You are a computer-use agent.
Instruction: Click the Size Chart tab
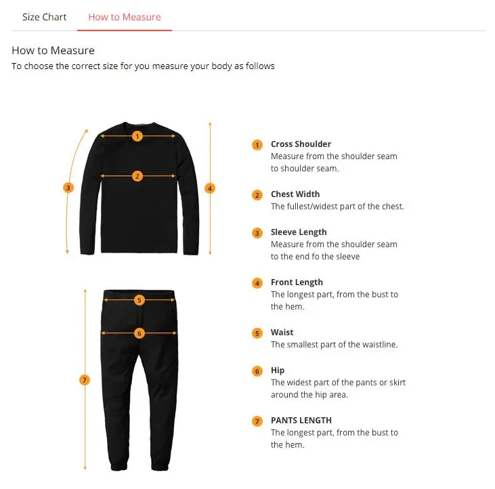pyautogui.click(x=44, y=17)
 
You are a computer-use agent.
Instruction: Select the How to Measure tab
pyautogui.click(x=125, y=17)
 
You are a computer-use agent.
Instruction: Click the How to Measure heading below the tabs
pyautogui.click(x=53, y=51)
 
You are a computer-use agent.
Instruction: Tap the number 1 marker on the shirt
pyautogui.click(x=137, y=136)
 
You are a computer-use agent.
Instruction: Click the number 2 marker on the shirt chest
pyautogui.click(x=137, y=176)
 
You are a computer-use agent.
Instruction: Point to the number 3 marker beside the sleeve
pyautogui.click(x=68, y=188)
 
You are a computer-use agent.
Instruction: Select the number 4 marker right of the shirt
pyautogui.click(x=210, y=188)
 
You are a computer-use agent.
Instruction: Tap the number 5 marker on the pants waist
pyautogui.click(x=139, y=300)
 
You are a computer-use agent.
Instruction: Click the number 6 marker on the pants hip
pyautogui.click(x=139, y=333)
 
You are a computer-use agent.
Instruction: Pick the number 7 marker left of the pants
pyautogui.click(x=85, y=380)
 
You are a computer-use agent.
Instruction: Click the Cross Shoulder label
pyautogui.click(x=301, y=144)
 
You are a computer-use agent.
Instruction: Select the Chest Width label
pyautogui.click(x=295, y=194)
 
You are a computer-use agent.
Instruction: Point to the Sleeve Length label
pyautogui.click(x=299, y=232)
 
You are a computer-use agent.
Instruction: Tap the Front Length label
pyautogui.click(x=297, y=282)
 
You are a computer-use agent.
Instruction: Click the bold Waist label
pyautogui.click(x=282, y=333)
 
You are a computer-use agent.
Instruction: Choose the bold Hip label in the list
pyautogui.click(x=278, y=370)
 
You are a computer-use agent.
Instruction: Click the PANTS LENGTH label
pyautogui.click(x=301, y=421)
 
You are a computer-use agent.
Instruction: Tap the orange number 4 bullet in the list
pyautogui.click(x=257, y=283)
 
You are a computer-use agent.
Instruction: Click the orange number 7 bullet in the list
pyautogui.click(x=257, y=421)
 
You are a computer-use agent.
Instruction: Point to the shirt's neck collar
pyautogui.click(x=138, y=124)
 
